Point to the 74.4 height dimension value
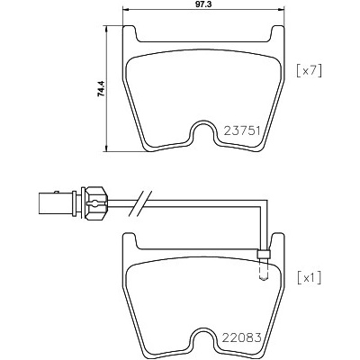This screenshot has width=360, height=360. click(101, 88)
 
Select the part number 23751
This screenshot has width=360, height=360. click(242, 130)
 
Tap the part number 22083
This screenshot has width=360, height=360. click(242, 337)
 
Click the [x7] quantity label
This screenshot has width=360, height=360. click(309, 71)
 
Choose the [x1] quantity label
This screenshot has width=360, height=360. click(309, 278)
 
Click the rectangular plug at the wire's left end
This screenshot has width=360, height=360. click(56, 203)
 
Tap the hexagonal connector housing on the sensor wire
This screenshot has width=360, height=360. click(96, 203)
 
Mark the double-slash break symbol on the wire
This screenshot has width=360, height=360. click(140, 203)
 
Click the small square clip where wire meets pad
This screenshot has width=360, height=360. click(264, 254)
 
